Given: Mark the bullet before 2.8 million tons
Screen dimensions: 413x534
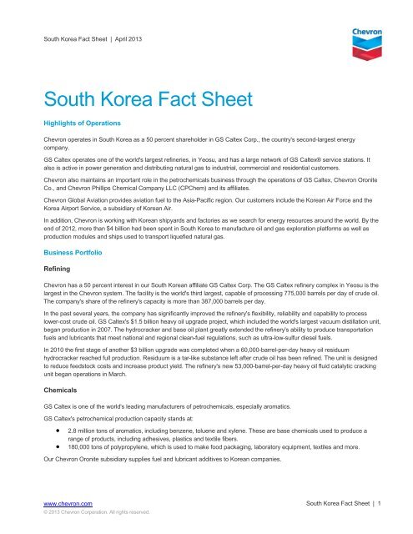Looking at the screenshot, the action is click(56, 450).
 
